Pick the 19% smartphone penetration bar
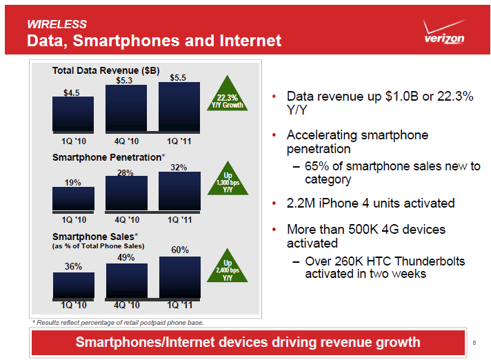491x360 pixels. pyautogui.click(x=73, y=198)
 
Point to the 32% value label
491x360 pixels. pyautogui.click(x=179, y=167)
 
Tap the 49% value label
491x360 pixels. pyautogui.click(x=126, y=257)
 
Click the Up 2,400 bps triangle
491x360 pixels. pyautogui.click(x=227, y=270)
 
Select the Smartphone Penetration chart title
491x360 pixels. pyautogui.click(x=108, y=157)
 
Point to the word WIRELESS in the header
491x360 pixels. pyautogui.click(x=57, y=24)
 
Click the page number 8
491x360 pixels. pyautogui.click(x=475, y=343)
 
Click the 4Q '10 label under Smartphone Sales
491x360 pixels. pyautogui.click(x=126, y=304)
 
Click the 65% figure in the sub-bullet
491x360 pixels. pyautogui.click(x=317, y=166)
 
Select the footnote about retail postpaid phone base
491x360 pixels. pyautogui.click(x=118, y=322)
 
